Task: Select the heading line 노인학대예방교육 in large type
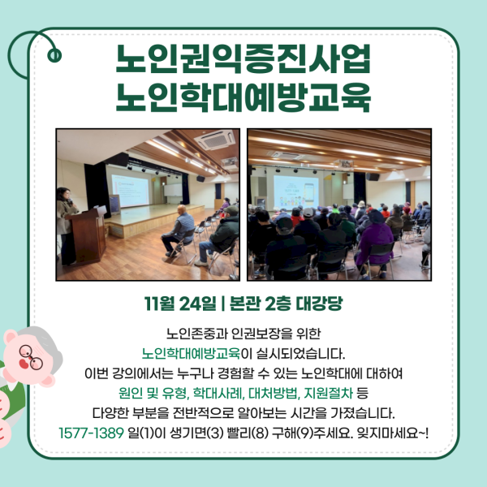(x=243, y=98)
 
